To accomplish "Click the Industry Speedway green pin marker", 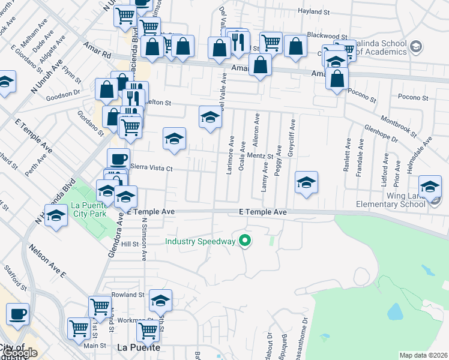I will [244, 241].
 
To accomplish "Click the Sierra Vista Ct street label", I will [151, 168].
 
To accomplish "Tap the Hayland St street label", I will [315, 11].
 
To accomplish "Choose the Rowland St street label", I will [128, 295].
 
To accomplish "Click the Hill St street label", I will [130, 244].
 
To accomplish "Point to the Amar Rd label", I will [98, 54].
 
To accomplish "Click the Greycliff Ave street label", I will [292, 138].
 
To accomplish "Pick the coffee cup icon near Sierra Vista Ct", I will [118, 159].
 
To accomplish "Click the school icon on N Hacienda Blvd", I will [56, 215].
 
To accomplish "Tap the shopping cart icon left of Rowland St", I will [100, 307].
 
